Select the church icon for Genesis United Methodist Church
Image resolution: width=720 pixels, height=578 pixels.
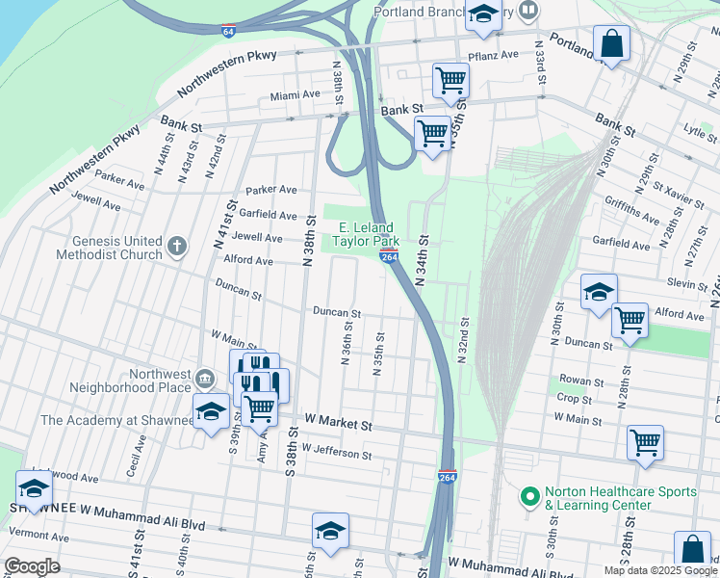pos(176,247)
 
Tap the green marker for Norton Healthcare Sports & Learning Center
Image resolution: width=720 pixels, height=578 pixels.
pos(528,498)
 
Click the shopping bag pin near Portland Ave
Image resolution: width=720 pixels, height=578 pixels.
pos(611,43)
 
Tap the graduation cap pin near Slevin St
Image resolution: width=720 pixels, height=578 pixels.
pos(599,293)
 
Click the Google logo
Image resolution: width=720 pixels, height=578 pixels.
pos(32,566)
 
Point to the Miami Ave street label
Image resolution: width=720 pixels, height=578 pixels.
pos(295,95)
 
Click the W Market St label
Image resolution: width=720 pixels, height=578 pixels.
pos(337,423)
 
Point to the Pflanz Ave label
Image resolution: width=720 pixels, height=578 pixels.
pos(493,57)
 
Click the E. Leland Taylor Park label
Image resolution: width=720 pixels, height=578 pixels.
pos(367,234)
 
